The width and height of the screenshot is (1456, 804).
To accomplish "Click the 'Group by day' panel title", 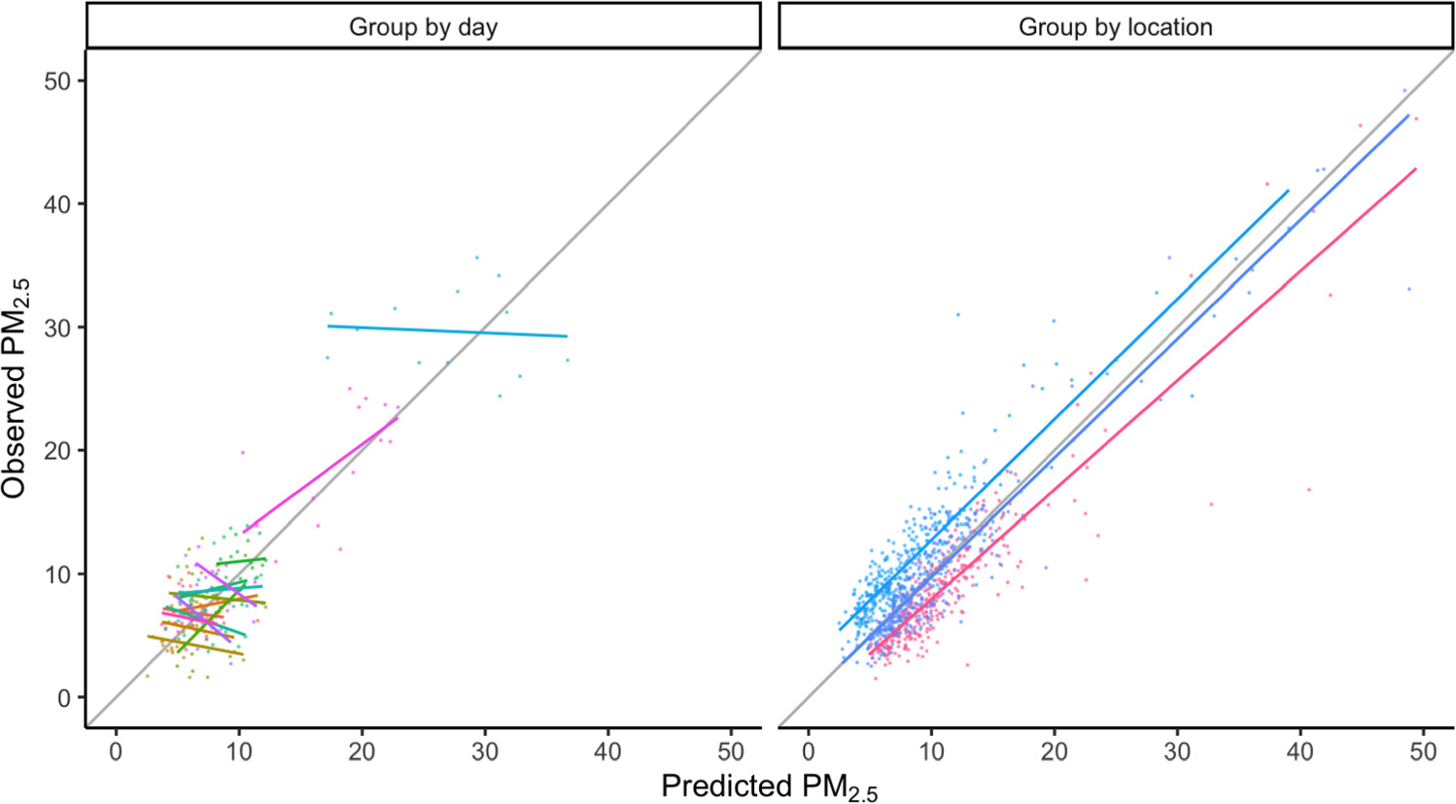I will (423, 27).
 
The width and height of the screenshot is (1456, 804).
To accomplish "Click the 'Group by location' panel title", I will (1115, 27).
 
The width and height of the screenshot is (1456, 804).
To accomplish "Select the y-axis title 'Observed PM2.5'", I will (16, 388).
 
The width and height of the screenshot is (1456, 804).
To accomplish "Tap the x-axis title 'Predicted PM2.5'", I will (769, 787).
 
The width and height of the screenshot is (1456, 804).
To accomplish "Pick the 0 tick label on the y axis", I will (65, 698).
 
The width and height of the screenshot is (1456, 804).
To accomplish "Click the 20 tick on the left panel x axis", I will (362, 752).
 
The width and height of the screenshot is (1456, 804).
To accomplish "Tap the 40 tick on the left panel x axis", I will (608, 752).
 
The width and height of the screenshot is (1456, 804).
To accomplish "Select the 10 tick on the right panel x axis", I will (931, 752).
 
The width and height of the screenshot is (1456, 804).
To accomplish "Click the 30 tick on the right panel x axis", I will (1177, 752).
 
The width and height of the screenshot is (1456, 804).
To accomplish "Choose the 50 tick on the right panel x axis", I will (1423, 752).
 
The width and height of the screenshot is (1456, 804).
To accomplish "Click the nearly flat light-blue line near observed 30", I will (447, 332).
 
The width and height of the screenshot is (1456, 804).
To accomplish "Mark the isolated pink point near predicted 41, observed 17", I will (1309, 489).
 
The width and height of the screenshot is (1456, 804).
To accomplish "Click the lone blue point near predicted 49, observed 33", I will (1408, 289).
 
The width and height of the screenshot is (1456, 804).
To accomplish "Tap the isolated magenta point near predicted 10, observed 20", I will (242, 452).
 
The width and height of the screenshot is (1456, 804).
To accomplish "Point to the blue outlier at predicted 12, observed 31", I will (957, 314).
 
